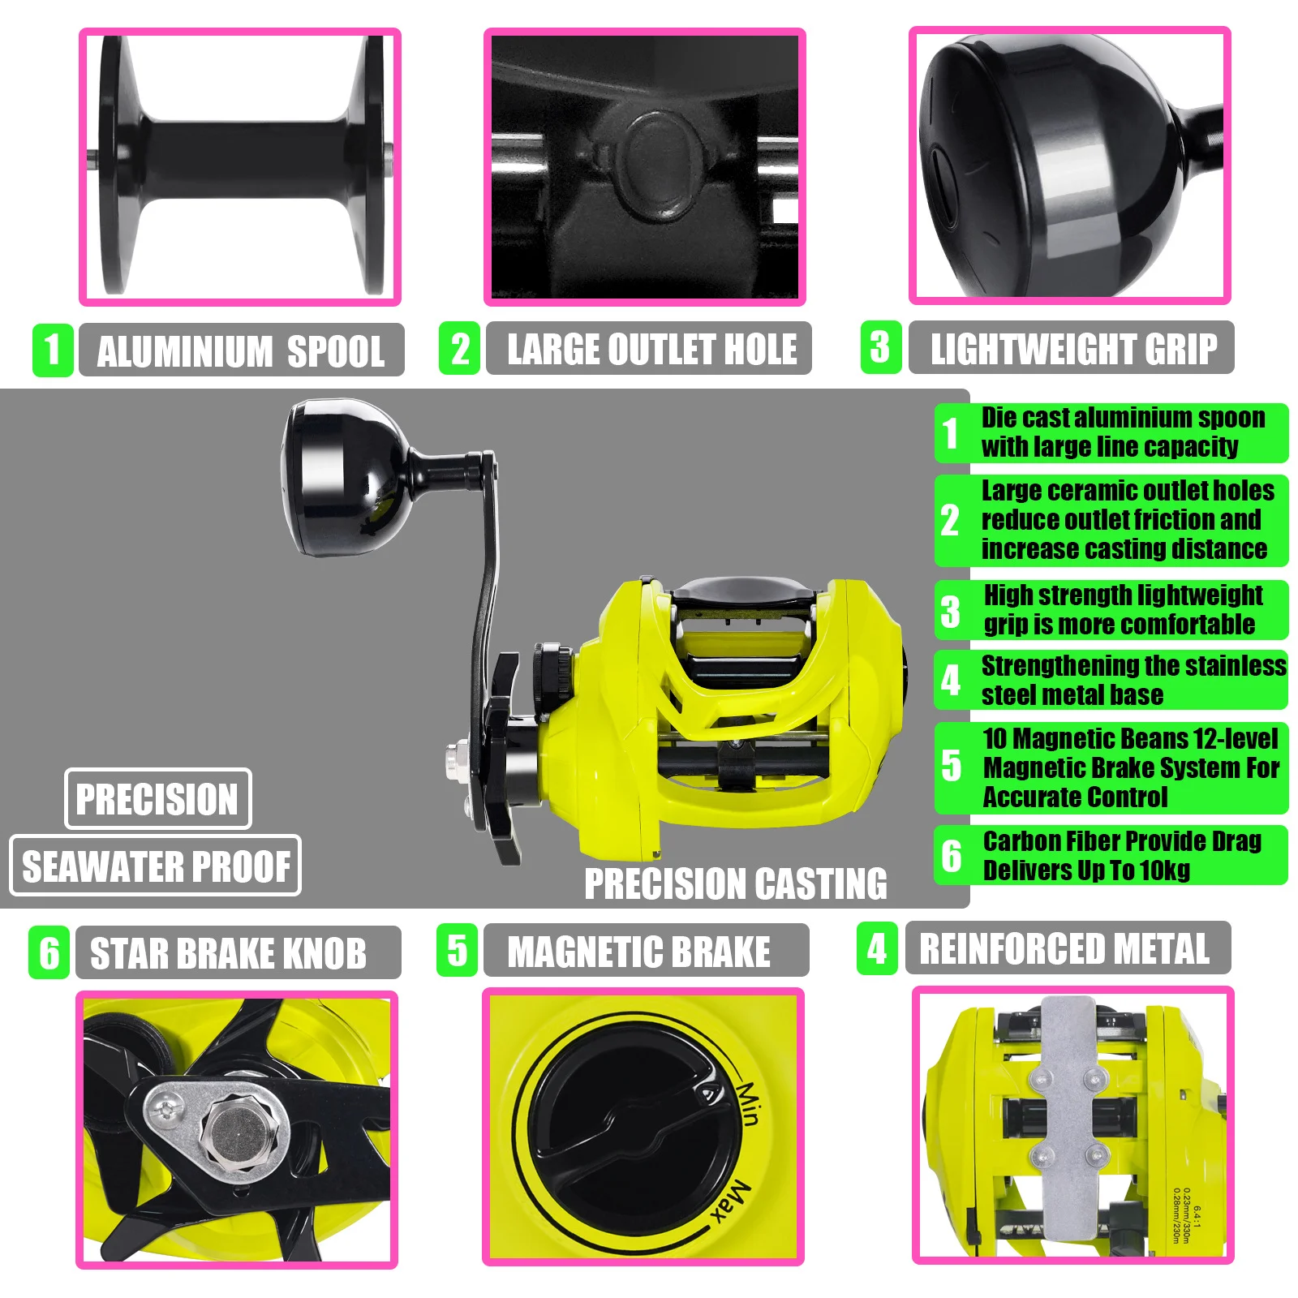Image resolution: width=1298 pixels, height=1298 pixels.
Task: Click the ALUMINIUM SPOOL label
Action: [x=241, y=351]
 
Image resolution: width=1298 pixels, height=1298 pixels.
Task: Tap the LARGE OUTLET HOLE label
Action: [x=652, y=350]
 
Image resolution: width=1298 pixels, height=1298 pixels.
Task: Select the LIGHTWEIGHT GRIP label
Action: [x=1074, y=349]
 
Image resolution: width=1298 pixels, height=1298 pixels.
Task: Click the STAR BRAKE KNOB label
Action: [x=228, y=953]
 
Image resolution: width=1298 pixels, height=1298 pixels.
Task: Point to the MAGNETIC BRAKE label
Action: [x=639, y=952]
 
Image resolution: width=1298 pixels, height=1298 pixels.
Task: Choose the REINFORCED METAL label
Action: [x=1064, y=948]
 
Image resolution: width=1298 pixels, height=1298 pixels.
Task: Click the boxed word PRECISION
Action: [x=157, y=799]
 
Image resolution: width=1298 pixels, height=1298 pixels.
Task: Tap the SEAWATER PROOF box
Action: [x=156, y=866]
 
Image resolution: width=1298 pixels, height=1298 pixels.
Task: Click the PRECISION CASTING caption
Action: [x=736, y=883]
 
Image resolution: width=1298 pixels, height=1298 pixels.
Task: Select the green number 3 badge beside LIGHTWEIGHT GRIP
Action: [x=881, y=346]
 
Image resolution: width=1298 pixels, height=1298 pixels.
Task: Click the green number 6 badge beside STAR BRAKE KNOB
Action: [x=49, y=952]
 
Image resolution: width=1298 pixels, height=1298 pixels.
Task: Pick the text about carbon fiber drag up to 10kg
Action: [x=1122, y=856]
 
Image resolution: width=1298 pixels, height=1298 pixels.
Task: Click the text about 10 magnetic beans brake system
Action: [x=1131, y=767]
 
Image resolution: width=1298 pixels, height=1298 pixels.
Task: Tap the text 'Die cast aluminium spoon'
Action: [x=1124, y=418]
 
